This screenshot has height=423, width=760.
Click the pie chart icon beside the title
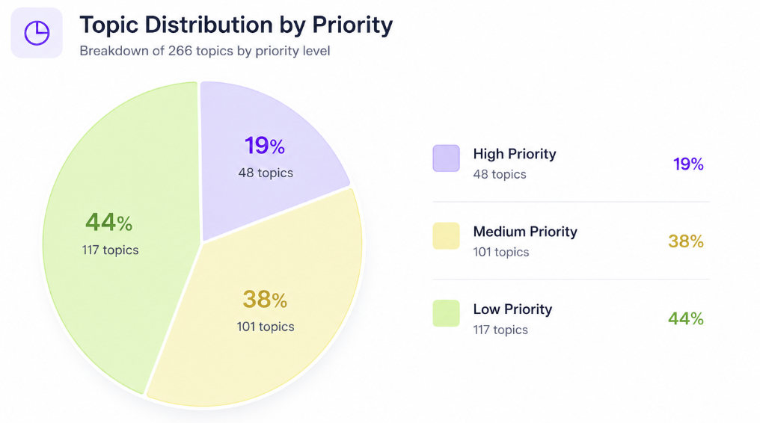pos(37,33)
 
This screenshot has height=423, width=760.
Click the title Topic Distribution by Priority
pos(236,25)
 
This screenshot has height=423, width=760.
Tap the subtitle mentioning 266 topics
pos(204,52)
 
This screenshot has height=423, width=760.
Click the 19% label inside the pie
pos(265,146)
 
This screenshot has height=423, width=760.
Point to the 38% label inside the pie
pos(265,300)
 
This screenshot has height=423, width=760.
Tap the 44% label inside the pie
pos(108,223)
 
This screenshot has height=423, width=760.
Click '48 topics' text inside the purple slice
pos(266,173)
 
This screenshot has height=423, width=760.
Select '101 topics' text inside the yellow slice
pos(266,327)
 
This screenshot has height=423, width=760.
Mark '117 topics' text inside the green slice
pos(110,250)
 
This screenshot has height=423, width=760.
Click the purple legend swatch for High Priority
pos(446,158)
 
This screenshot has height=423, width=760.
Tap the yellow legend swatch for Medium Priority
pos(446,236)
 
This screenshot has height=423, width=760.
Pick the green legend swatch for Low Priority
pos(446,313)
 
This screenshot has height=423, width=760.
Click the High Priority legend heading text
pos(515,154)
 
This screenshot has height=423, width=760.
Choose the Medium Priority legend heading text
pos(525,232)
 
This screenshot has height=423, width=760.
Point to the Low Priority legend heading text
pos(512,309)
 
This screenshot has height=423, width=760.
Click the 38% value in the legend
pos(685,241)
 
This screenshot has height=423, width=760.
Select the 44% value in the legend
pos(685,319)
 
